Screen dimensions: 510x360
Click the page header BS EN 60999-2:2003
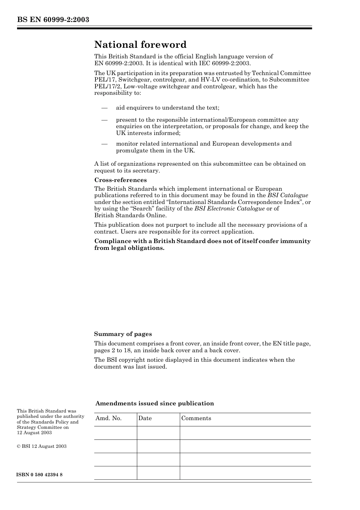pos(53,19)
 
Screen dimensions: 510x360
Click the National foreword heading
pos(140,45)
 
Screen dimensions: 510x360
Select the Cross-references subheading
pos(121,180)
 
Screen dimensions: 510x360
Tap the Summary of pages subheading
pos(123,334)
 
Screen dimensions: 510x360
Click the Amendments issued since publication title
pos(155,403)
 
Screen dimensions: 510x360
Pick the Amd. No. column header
pos(108,418)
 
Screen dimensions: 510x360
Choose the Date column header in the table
pos(145,418)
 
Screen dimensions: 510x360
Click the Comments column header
pos(196,418)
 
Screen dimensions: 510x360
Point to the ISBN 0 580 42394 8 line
pos(40,475)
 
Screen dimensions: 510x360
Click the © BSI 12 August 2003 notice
pos(42,446)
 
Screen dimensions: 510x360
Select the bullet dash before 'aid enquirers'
pos(104,108)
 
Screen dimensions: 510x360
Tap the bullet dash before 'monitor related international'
pos(104,144)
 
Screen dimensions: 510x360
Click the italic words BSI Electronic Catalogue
pos(229,209)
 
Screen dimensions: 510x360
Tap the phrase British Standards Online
pos(125,215)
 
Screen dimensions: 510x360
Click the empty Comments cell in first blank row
pos(245,433)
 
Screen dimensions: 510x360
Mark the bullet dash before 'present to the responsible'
pos(104,120)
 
